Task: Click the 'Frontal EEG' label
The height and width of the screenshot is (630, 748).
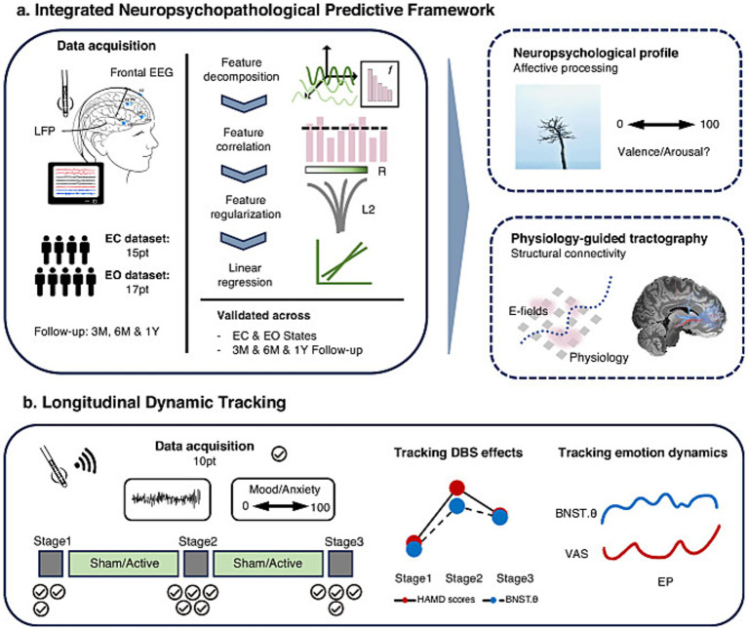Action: coord(141,72)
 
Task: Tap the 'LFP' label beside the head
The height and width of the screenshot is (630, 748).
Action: coord(44,131)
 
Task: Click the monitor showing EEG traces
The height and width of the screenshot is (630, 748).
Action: coord(76,183)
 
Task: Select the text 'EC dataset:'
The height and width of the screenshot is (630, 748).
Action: coord(138,239)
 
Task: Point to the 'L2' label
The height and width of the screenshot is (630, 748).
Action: coord(369,210)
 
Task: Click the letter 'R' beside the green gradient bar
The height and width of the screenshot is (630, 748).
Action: coord(381,172)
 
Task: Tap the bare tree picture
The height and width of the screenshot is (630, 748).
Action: coord(558,127)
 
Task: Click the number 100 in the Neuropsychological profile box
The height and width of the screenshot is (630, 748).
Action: coord(709,125)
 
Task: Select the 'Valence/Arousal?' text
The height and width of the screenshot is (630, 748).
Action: coord(663,152)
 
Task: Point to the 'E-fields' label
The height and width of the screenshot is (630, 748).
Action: coord(528,311)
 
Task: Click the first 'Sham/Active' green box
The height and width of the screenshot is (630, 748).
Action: coord(124,564)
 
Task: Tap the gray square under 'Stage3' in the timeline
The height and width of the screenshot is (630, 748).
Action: coord(340,564)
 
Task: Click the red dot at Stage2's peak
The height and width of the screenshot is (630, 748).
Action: coord(457,488)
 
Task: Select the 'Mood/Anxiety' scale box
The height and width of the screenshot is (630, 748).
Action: coord(284,499)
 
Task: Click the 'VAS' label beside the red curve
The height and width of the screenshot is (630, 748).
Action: coord(576,554)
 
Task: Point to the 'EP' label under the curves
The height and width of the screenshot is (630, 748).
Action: coord(665,582)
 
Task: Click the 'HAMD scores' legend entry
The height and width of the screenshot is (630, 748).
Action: coord(435,600)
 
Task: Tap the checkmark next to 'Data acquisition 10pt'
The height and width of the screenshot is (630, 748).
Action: coord(279,453)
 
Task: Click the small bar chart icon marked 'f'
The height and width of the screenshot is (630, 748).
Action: coord(379,84)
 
